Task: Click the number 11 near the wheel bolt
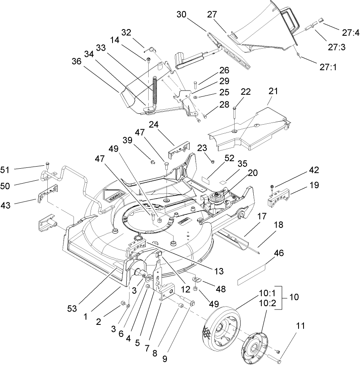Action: click(x=300, y=326)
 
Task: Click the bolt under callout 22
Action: click(x=235, y=116)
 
